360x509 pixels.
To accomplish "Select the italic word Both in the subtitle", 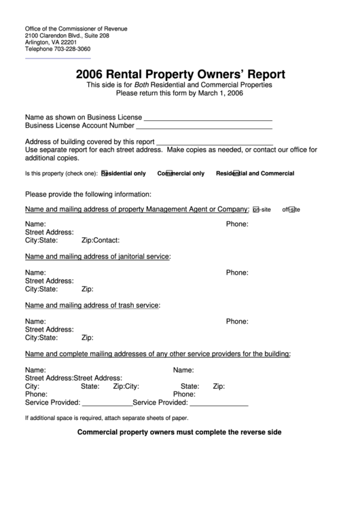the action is pyautogui.click(x=142, y=85).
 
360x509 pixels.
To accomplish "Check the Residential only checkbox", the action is pyautogui.click(x=104, y=173).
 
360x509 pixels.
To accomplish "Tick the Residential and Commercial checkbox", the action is pyautogui.click(x=236, y=173).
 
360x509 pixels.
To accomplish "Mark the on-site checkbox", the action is pyautogui.click(x=255, y=209).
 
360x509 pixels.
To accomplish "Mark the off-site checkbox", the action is pyautogui.click(x=291, y=209).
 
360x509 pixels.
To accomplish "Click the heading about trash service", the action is pyautogui.click(x=92, y=305).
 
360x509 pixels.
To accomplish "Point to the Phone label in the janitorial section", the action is pyautogui.click(x=237, y=272).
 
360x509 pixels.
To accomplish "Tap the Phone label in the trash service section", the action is pyautogui.click(x=237, y=321).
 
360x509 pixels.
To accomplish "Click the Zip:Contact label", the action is pyautogui.click(x=101, y=240).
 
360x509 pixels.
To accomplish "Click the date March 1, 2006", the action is pyautogui.click(x=219, y=94).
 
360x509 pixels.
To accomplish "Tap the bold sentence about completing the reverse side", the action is pyautogui.click(x=179, y=432).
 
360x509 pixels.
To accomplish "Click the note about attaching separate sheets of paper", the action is pyautogui.click(x=107, y=418).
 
